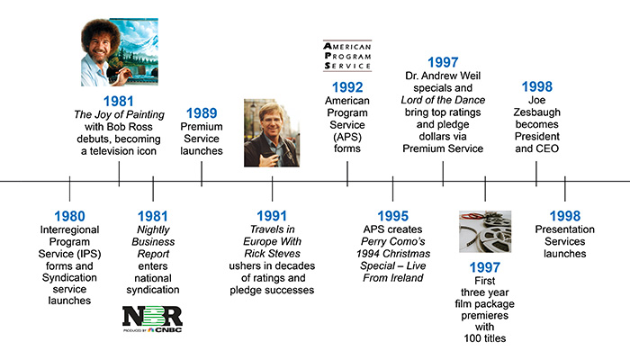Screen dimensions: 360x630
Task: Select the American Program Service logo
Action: [x=347, y=55]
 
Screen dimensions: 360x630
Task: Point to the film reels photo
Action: [x=485, y=233]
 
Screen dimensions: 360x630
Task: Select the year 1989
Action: [x=201, y=112]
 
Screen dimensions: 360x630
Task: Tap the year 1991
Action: [x=273, y=216]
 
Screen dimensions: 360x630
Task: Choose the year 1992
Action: [x=347, y=87]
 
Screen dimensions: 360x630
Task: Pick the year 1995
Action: [x=392, y=216]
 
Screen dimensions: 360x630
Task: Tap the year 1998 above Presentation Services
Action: [x=565, y=216]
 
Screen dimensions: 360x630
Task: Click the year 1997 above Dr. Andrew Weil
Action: [x=443, y=62]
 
